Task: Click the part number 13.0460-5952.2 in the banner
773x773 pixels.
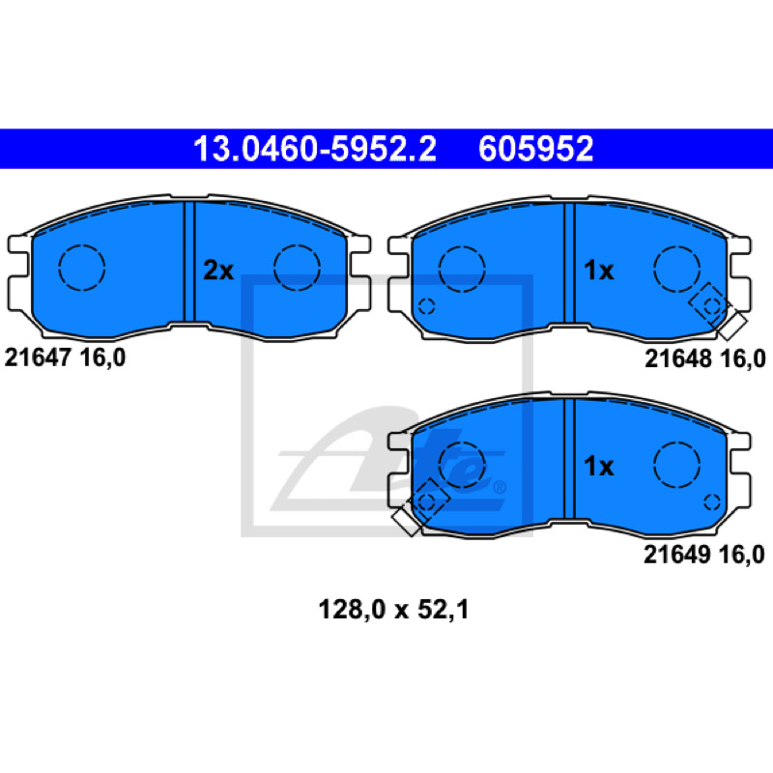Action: coord(315,149)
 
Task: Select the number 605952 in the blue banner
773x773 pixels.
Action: coord(536,149)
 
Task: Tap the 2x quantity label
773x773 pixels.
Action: coord(218,271)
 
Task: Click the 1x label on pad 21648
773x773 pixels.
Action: coord(598,271)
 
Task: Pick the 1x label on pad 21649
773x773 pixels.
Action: coord(598,466)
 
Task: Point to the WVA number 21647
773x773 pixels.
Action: coord(38,357)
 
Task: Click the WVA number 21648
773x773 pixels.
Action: coord(678,358)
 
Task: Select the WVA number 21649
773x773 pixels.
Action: coord(677,554)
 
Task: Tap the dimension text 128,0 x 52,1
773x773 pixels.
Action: coord(393,610)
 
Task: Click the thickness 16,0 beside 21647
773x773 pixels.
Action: coord(102,358)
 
